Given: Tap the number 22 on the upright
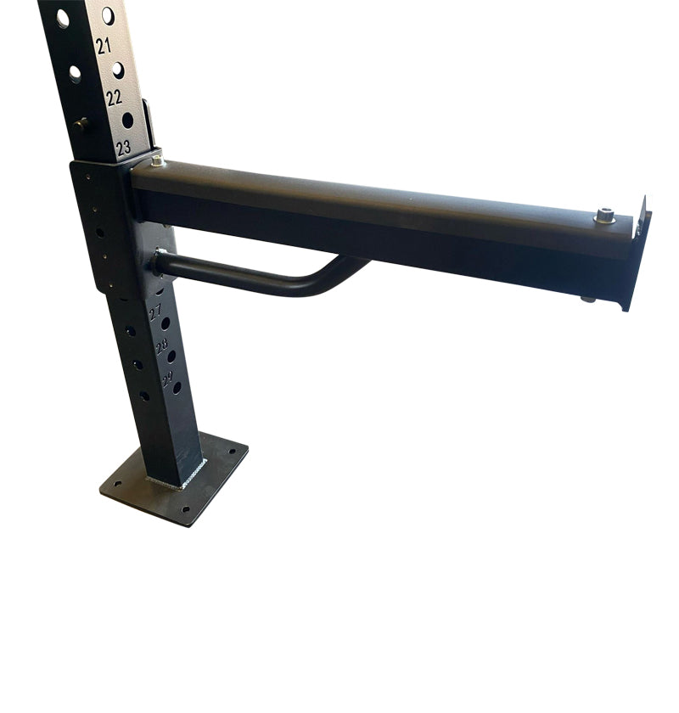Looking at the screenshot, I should tap(114, 98).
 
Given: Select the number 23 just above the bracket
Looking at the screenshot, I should tap(124, 148).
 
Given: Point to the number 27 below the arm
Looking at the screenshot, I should tap(155, 314).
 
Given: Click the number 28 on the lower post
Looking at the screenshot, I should tap(161, 347).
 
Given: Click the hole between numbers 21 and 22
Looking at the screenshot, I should tap(118, 70).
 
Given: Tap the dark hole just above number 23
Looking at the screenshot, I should tap(127, 120).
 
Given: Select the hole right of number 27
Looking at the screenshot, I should tap(166, 323).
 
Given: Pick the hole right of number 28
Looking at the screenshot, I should tap(171, 356).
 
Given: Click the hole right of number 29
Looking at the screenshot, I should tap(177, 387).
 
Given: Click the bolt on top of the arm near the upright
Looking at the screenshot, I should tap(158, 160).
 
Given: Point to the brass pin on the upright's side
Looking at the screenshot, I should tap(81, 124).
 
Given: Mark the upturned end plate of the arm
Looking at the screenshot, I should tap(638, 255).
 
